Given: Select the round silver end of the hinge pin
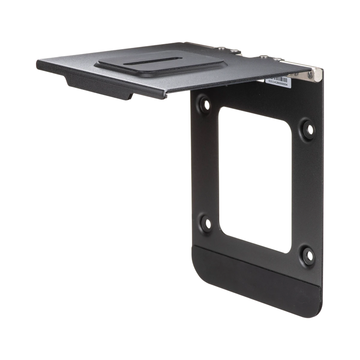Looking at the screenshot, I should (x=318, y=75).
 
